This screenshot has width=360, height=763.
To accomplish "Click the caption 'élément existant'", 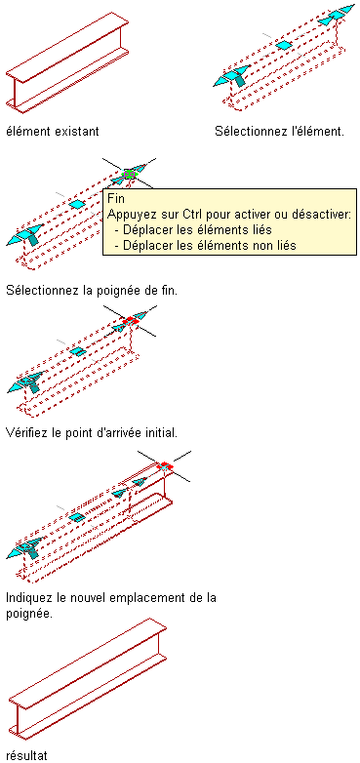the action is [53, 132].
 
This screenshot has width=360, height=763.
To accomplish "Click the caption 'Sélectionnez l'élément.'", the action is [280, 132].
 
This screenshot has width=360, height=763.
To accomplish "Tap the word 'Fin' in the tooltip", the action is [116, 199].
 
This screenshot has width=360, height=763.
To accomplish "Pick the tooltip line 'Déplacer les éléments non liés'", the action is [205, 245].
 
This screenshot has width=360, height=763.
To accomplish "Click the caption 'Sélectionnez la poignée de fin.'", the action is [92, 291].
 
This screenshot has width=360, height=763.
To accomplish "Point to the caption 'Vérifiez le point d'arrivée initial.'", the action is [92, 432].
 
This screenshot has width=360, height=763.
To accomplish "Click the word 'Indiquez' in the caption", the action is [28, 597].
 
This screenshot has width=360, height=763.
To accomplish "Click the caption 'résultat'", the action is [26, 755].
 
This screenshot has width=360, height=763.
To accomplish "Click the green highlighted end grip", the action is [129, 174].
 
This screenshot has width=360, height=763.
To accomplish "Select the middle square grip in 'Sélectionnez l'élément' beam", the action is [283, 45].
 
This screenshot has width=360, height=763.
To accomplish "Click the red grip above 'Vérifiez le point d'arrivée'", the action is [131, 320].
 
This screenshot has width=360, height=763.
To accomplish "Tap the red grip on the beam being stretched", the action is [165, 466].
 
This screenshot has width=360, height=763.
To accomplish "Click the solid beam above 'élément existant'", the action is [67, 62].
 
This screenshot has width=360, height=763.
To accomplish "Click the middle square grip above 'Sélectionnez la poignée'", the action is [76, 204].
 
